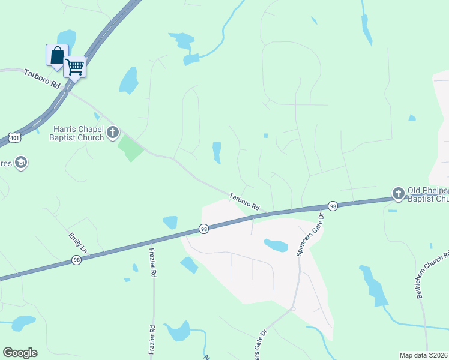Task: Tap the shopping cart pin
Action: click(x=75, y=66)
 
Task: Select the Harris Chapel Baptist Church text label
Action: click(x=79, y=133)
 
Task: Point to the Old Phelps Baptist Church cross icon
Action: click(x=399, y=193)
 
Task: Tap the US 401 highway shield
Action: click(x=14, y=137)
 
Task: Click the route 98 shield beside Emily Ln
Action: click(x=76, y=260)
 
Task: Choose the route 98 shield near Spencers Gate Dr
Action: click(x=333, y=206)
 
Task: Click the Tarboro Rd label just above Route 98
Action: click(x=244, y=201)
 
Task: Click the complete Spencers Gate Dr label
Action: click(x=310, y=235)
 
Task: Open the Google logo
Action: click(x=20, y=353)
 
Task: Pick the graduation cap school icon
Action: click(x=21, y=163)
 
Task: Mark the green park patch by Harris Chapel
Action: click(x=131, y=148)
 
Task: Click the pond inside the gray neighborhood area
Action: click(x=276, y=245)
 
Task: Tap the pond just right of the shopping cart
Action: click(x=128, y=80)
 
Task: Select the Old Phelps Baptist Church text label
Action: click(x=428, y=194)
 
